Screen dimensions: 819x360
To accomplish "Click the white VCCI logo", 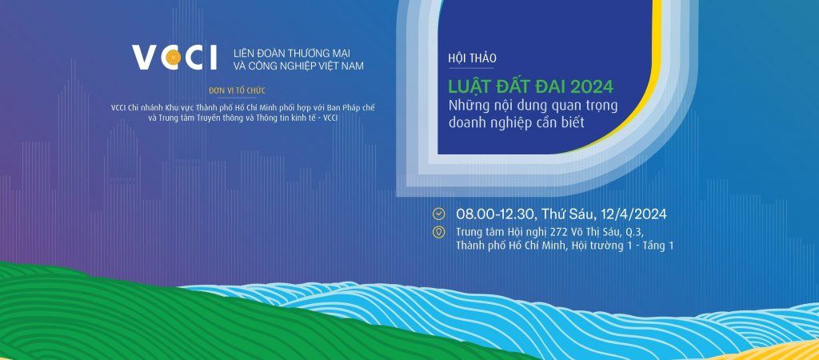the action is pos(174,58).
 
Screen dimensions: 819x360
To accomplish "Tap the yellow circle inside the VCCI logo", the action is pos(174,58).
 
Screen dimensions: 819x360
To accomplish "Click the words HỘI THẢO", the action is pos(472,59).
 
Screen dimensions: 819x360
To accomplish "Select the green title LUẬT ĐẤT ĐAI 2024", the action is pos(531,86).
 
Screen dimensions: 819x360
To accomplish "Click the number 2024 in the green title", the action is pos(593,86).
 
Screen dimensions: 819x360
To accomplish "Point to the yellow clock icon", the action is pos(439,214).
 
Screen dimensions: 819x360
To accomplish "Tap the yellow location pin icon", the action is pos(439,232).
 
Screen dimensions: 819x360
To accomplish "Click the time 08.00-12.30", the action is pos(496,214).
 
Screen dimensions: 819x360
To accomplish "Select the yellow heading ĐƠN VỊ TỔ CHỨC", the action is pos(237,91).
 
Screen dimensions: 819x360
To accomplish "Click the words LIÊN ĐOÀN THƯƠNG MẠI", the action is pos(291,53).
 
